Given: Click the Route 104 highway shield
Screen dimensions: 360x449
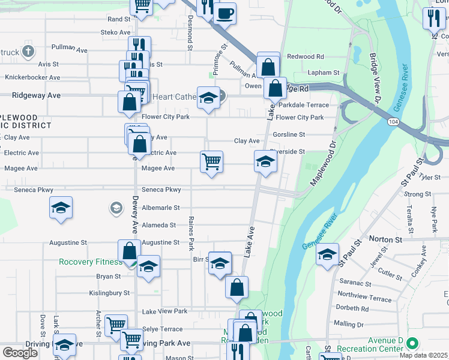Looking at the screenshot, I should (x=393, y=121).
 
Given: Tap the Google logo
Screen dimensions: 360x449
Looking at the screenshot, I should (x=20, y=353).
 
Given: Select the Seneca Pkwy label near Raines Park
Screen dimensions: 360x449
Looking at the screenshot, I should (x=161, y=190).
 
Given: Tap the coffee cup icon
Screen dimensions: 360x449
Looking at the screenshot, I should (x=225, y=13).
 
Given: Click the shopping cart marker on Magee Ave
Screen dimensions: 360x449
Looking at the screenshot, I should (x=211, y=161).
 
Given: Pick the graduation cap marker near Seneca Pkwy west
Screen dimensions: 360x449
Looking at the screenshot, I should (x=61, y=208).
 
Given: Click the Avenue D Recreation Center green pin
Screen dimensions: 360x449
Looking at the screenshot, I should (x=412, y=344).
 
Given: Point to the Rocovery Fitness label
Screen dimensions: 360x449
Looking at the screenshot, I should (x=89, y=262).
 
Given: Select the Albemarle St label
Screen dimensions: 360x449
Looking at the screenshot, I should (x=160, y=208).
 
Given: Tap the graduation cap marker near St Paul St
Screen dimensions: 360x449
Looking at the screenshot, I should (x=328, y=254).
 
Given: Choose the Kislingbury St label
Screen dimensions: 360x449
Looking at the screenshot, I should (x=110, y=293).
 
